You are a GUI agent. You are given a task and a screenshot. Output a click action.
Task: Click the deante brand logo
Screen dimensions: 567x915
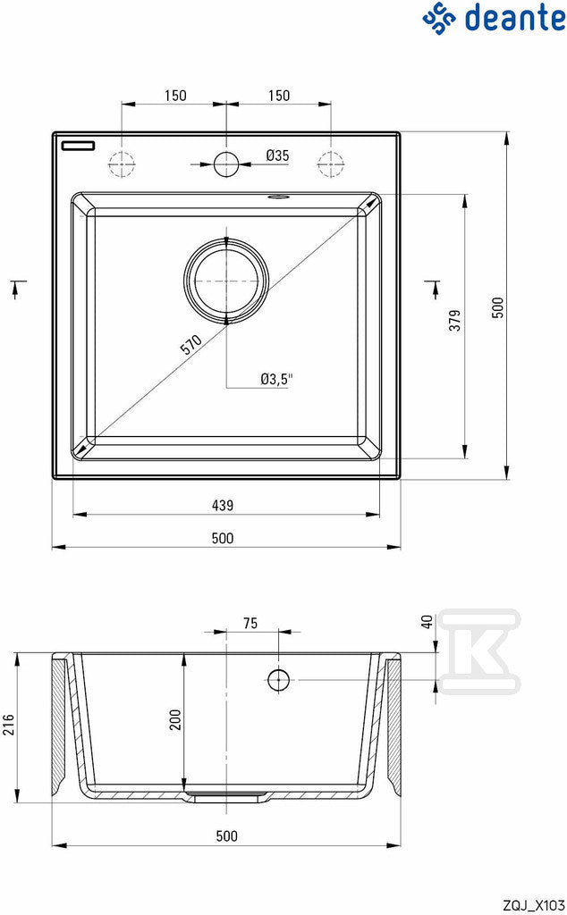pyautogui.click(x=494, y=17)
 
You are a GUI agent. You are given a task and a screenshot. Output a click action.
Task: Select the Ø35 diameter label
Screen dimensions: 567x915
pyautogui.click(x=277, y=155)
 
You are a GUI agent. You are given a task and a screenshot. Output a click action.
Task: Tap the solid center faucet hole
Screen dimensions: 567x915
pyautogui.click(x=226, y=164)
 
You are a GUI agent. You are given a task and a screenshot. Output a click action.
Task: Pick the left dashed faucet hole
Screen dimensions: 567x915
pyautogui.click(x=122, y=164)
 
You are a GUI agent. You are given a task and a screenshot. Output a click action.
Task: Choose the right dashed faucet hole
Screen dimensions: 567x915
pyautogui.click(x=331, y=164)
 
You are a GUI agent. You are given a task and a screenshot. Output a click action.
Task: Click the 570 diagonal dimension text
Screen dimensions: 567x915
pyautogui.click(x=191, y=345)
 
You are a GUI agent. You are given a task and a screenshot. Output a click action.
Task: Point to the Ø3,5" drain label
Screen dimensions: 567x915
pyautogui.click(x=276, y=379)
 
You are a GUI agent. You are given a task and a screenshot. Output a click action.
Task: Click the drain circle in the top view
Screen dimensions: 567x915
pyautogui.click(x=226, y=281)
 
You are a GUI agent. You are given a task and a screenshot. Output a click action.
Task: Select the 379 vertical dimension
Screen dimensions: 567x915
pyautogui.click(x=455, y=321)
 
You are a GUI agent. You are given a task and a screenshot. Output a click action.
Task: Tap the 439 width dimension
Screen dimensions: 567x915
pyautogui.click(x=223, y=506)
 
